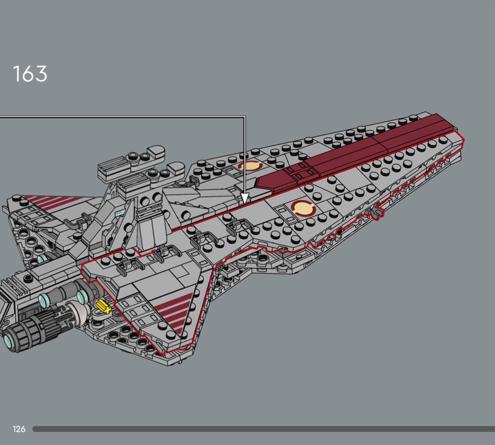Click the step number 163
(30, 74)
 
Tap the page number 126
(19, 429)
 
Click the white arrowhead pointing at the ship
(245, 198)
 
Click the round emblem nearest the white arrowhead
(251, 165)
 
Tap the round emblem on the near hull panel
(302, 209)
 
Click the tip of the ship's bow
(461, 141)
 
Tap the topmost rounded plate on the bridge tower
(155, 152)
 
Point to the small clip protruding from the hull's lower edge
(375, 213)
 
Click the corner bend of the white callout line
(245, 117)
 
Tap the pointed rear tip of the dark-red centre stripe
(259, 184)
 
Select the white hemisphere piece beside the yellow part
(80, 310)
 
